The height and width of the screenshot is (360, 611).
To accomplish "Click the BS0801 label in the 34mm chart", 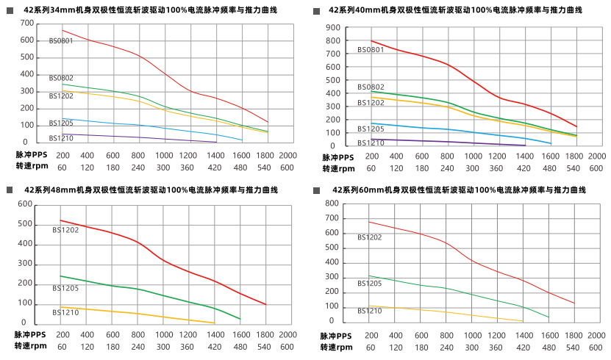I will pos(61,41).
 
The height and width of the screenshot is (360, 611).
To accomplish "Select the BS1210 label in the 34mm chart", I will pos(61,137).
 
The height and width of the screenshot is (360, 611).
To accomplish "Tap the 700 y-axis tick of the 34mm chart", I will pos(27,23).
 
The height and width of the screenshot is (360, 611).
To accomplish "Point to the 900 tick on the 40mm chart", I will pos(332,28).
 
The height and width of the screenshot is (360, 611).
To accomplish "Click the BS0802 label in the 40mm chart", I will pos(371,87).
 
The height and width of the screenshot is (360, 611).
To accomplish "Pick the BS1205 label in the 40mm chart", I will pos(371,129).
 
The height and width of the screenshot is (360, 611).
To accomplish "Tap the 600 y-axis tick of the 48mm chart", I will pos(25,204).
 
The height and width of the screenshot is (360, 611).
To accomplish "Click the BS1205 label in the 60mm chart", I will pos(370,283).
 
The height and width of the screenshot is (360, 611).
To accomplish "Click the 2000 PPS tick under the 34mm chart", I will pos(288,155).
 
